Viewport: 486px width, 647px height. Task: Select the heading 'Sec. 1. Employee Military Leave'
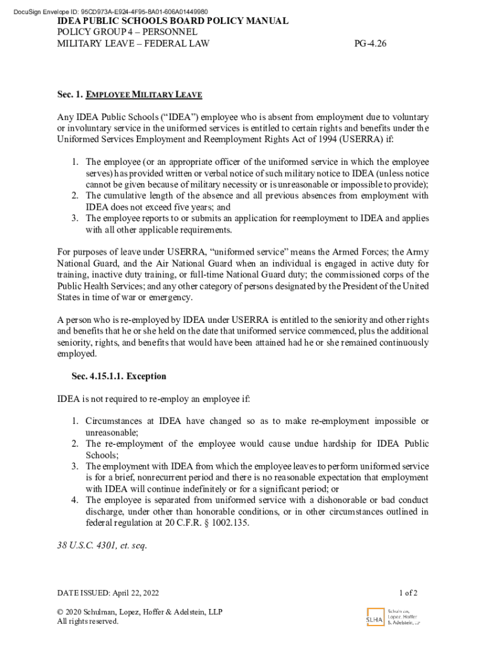pyautogui.click(x=129, y=95)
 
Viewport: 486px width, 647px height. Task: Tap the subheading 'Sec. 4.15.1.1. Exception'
pyautogui.click(x=119, y=377)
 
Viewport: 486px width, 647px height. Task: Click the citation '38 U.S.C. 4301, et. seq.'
pyautogui.click(x=102, y=546)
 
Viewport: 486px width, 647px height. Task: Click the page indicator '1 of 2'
pyautogui.click(x=408, y=593)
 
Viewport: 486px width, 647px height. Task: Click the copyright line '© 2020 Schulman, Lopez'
pyautogui.click(x=139, y=612)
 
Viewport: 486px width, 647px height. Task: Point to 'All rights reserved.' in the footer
pyautogui.click(x=88, y=622)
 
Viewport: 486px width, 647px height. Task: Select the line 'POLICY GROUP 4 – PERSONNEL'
pyautogui.click(x=127, y=32)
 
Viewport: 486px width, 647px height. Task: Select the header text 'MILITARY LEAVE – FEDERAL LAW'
pyautogui.click(x=133, y=44)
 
